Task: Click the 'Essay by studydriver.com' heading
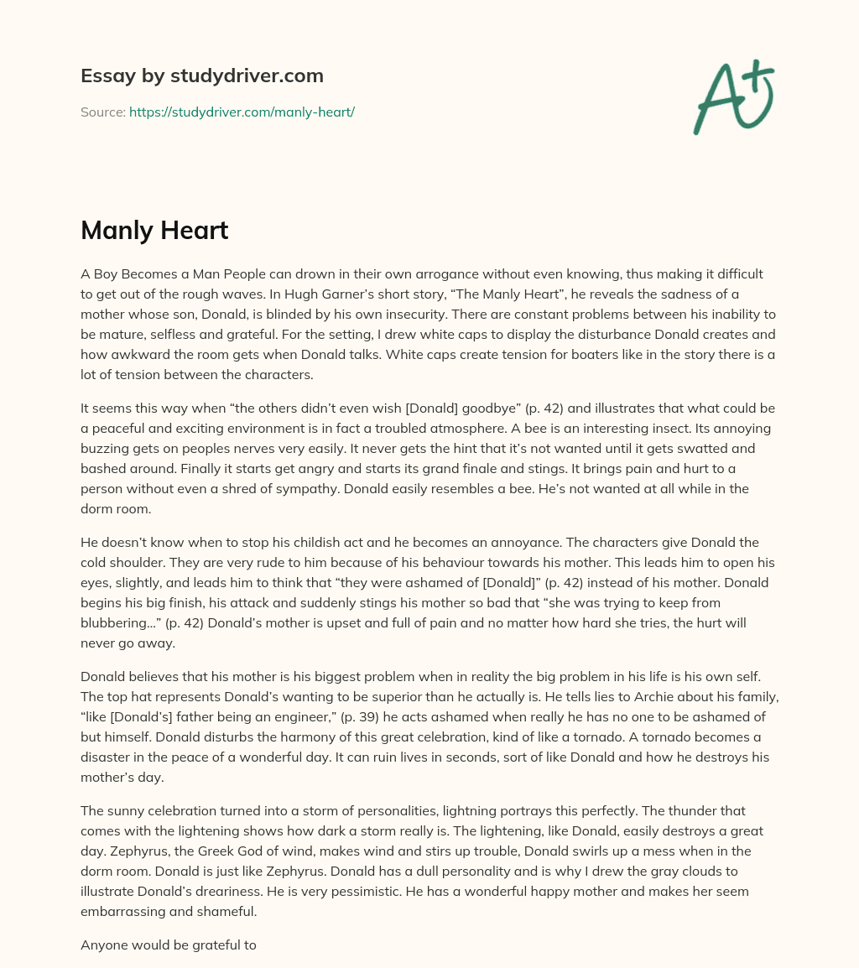click(201, 75)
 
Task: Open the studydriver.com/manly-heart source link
click(242, 112)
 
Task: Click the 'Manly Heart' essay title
click(154, 231)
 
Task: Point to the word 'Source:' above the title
click(102, 112)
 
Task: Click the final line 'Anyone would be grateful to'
click(168, 945)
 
